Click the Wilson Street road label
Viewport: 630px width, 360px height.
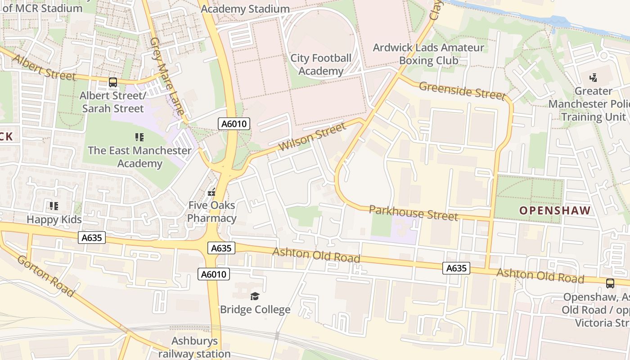(312, 136)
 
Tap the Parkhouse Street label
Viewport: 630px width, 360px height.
(413, 212)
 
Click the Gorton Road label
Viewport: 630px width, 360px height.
(46, 275)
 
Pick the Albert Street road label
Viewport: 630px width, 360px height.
(44, 67)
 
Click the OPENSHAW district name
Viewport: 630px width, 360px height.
(554, 210)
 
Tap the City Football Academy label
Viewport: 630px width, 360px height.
(320, 64)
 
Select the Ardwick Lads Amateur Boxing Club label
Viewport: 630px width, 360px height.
(428, 54)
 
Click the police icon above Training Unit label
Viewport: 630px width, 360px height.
(593, 77)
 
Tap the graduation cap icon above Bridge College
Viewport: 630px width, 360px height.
(255, 296)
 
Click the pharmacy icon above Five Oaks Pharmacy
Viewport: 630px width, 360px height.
(211, 193)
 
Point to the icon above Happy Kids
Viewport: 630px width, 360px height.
(54, 206)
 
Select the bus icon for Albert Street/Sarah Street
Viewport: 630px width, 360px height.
(112, 82)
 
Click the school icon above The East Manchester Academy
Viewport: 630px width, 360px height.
(139, 137)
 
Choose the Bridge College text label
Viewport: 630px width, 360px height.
(255, 310)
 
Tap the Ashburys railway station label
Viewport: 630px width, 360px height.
(194, 347)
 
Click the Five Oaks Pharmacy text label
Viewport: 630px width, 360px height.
(211, 212)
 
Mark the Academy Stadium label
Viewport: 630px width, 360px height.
(245, 9)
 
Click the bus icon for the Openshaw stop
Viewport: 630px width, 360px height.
(610, 283)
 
